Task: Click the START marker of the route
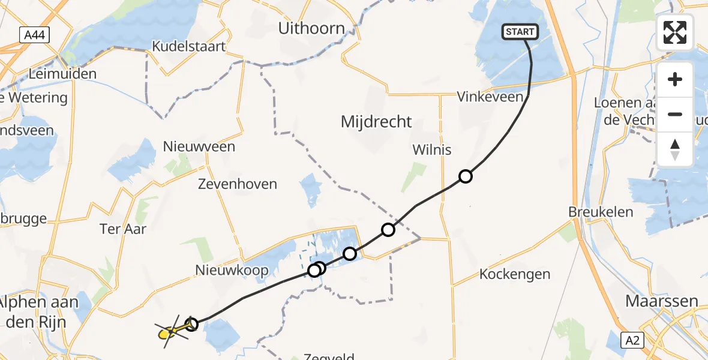tap(519, 32)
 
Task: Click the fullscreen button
tap(675, 32)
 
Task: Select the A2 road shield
tap(632, 340)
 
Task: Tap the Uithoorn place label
tap(311, 28)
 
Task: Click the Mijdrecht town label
tap(376, 122)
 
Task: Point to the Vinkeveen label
tap(487, 97)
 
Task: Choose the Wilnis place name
tap(431, 149)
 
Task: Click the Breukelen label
tap(593, 212)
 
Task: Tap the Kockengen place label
tap(515, 274)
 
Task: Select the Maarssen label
tap(662, 301)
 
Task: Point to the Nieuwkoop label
tap(232, 271)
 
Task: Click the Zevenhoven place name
tap(238, 184)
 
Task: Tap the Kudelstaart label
tap(188, 46)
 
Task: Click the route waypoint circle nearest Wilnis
tap(466, 176)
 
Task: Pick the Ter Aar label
tap(123, 229)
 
